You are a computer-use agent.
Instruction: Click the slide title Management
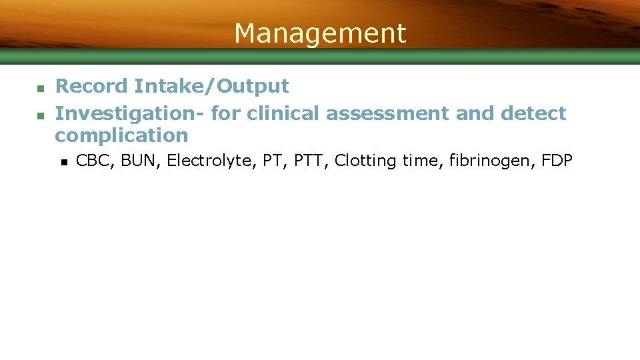pyautogui.click(x=320, y=33)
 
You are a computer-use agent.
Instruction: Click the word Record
pyautogui.click(x=91, y=86)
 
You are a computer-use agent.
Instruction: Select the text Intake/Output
pyautogui.click(x=211, y=87)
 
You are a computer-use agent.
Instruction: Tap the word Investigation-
pyautogui.click(x=130, y=113)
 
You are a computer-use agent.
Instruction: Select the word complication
pyautogui.click(x=121, y=135)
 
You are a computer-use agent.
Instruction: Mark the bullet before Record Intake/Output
pyautogui.click(x=40, y=87)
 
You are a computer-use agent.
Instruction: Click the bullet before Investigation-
pyautogui.click(x=40, y=115)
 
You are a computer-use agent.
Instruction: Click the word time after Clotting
pyautogui.click(x=420, y=161)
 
